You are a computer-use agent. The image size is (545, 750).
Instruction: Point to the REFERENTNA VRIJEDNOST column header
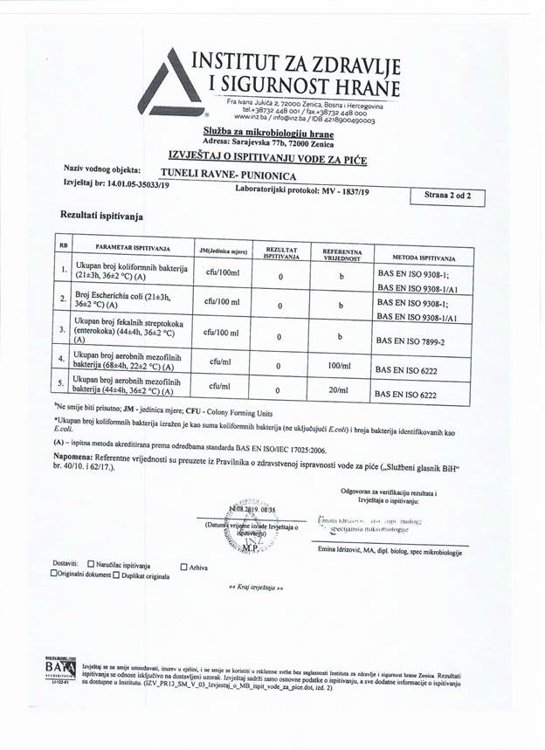[x=341, y=254]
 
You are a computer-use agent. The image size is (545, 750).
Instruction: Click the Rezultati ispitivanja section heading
[x=101, y=214]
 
